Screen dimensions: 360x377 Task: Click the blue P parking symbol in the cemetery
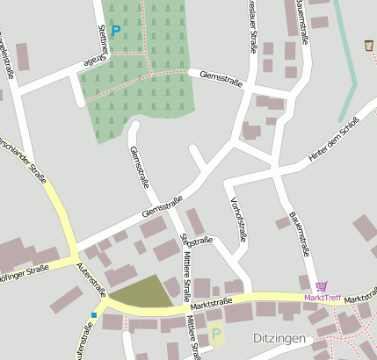[x=115, y=31]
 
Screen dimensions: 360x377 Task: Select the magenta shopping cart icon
[x=322, y=286]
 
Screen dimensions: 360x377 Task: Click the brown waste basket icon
[x=368, y=45]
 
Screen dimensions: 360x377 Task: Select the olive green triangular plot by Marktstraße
[x=141, y=293]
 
